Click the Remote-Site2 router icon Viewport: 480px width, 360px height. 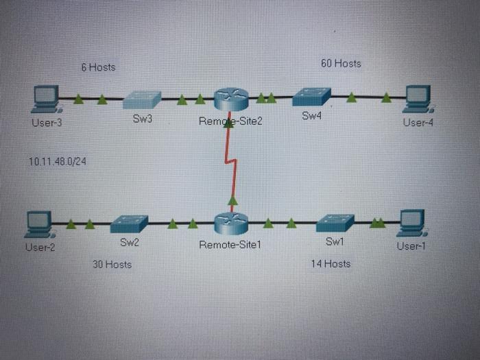(230, 100)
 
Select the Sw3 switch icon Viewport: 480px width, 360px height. (143, 99)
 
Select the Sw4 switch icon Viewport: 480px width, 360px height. (311, 97)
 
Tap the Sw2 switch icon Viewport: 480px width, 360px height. (129, 224)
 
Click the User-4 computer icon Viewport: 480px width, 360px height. (418, 99)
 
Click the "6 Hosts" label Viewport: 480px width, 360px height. (98, 67)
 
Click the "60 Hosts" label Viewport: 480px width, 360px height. (341, 63)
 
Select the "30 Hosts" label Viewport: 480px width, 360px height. (112, 264)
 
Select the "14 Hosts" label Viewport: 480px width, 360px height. (331, 263)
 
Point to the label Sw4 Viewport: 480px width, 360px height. (311, 116)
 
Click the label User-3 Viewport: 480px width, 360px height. (47, 123)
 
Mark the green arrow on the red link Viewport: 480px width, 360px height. (232, 200)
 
